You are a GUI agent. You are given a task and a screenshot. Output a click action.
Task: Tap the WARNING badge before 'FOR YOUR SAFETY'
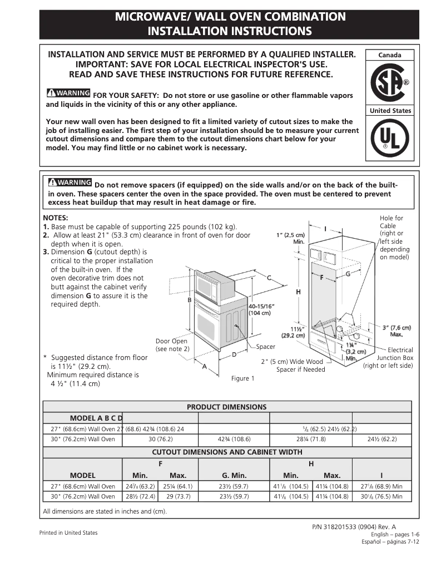(x=68, y=92)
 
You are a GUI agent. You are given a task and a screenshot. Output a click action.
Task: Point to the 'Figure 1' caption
(x=243, y=378)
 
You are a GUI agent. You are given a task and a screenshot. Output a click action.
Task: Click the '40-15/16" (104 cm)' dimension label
(x=261, y=309)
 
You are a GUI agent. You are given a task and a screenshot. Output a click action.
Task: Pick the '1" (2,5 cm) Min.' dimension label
(x=291, y=238)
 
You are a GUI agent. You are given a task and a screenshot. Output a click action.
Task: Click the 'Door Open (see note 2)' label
(x=172, y=345)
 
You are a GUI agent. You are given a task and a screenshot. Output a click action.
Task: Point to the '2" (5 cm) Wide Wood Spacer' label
(x=293, y=366)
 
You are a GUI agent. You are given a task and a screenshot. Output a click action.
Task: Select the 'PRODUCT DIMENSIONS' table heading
(x=226, y=407)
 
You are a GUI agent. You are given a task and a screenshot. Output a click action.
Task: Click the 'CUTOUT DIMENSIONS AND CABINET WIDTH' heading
(x=227, y=452)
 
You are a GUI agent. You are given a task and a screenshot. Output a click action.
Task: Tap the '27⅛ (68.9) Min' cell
(x=381, y=486)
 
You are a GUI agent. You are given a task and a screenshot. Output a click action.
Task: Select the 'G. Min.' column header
(x=234, y=475)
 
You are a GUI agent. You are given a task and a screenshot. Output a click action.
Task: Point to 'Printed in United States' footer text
(x=68, y=532)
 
